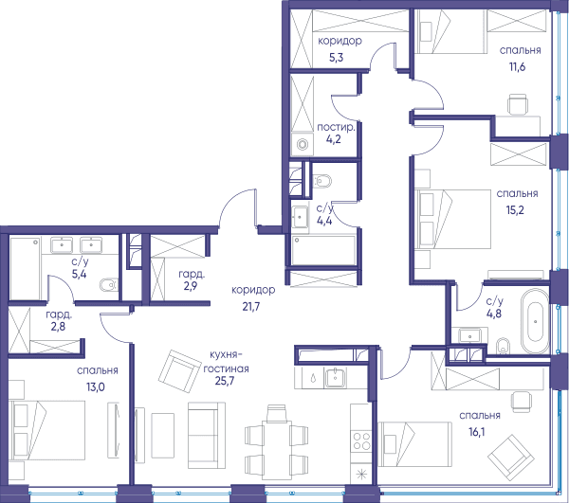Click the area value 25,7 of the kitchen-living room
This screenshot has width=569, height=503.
coord(225,381)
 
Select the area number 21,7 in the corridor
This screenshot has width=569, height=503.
coord(251,307)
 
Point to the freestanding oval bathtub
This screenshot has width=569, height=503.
coord(535,320)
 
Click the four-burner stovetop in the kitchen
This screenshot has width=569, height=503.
coord(362,440)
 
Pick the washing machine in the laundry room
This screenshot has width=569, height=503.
coord(302,144)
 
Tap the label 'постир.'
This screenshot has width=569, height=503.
coord(336,127)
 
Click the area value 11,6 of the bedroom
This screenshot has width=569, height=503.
coord(518,66)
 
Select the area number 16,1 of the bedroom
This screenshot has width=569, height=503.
coord(476,432)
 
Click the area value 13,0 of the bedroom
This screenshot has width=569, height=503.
coord(96,387)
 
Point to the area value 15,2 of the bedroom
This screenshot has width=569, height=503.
coord(515,210)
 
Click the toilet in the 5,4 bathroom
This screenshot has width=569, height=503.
coord(109,285)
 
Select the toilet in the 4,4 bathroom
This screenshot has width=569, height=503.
coord(321,181)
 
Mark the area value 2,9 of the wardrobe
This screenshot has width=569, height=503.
coord(191,286)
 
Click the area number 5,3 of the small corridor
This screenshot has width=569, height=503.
coord(337,57)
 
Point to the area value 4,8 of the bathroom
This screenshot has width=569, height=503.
coord(493,313)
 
